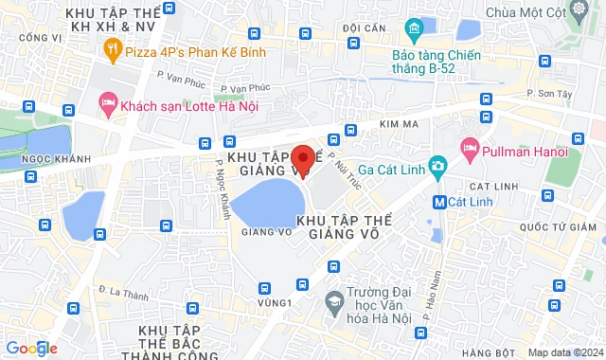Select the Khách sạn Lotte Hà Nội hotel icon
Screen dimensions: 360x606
(107, 101)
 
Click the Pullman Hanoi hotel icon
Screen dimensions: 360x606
(469, 149)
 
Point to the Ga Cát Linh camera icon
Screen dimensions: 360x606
(437, 167)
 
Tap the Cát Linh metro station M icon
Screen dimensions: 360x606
(439, 202)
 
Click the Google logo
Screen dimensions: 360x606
(30, 349)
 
